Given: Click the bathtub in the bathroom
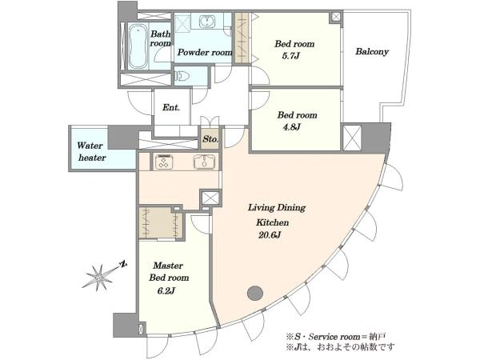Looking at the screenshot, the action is tap(137, 46).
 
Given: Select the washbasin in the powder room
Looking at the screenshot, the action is tap(207, 22).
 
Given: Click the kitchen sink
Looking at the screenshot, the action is tap(204, 162).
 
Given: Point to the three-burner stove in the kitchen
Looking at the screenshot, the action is tap(164, 162).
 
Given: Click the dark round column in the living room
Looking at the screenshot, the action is tap(255, 294).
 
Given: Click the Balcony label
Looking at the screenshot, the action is tap(372, 51).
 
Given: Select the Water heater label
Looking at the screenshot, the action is tap(91, 151).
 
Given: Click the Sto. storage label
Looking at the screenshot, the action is tap(210, 139).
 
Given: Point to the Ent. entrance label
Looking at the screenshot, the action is tap(171, 107).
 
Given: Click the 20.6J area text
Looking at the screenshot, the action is tap(270, 235).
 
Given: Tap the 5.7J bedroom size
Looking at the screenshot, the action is tap(290, 56).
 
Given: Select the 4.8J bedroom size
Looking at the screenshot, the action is tap(291, 127).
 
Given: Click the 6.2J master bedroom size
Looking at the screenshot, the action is tap(166, 290).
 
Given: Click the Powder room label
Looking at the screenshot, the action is tap(205, 52).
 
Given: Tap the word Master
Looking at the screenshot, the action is tap(168, 265).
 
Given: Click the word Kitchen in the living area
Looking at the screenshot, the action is tap(273, 222).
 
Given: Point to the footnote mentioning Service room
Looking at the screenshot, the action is tap(335, 337).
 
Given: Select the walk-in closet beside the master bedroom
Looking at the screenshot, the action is tap(162, 223).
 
